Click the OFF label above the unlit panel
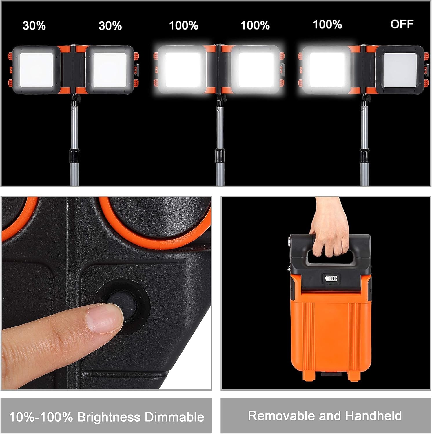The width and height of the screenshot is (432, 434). point(402,24)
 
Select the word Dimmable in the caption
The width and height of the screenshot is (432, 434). point(174,417)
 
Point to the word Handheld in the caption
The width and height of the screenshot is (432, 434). point(373,416)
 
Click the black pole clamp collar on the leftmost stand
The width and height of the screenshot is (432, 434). point(74,156)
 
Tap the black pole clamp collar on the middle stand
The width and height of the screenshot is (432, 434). point(220,156)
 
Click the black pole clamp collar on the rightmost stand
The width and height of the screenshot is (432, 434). point(364,156)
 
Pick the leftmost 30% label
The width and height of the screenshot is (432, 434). point(34,25)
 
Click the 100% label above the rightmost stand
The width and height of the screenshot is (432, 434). point(327,24)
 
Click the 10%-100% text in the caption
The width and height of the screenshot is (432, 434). point(41,417)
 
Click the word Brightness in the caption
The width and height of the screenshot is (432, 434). point(109,417)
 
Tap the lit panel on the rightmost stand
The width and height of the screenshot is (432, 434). point(327,70)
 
